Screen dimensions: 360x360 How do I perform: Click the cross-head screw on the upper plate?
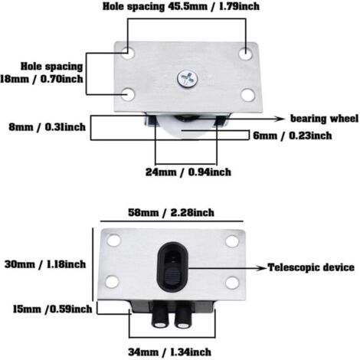coord(188,78)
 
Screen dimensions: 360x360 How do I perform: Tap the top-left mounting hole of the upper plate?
coord(128,53)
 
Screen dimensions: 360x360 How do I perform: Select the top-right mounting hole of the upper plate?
coord(246,54)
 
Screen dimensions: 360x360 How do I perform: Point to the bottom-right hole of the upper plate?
coord(248,95)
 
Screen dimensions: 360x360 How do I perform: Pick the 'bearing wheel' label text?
coord(325,119)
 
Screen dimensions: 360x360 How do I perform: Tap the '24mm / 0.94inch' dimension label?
coord(188,172)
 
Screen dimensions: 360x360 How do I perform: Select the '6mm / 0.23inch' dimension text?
coord(293,136)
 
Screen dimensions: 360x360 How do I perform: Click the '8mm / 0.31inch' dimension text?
coord(47,127)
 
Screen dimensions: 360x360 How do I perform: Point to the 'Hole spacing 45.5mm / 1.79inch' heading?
coord(181,6)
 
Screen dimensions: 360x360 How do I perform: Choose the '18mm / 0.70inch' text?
coord(41,79)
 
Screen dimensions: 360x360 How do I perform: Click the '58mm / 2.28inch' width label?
coord(171,213)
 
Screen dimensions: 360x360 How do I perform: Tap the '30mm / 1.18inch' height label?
coord(45,264)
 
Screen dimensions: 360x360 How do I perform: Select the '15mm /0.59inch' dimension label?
coord(52,309)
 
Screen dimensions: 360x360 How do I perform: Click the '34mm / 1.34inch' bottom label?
coord(169,352)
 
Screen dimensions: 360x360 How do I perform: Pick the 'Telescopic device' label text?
coord(311,267)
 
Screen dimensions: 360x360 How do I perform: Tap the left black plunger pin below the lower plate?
coord(160,315)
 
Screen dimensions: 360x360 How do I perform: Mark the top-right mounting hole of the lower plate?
coord(232,241)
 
